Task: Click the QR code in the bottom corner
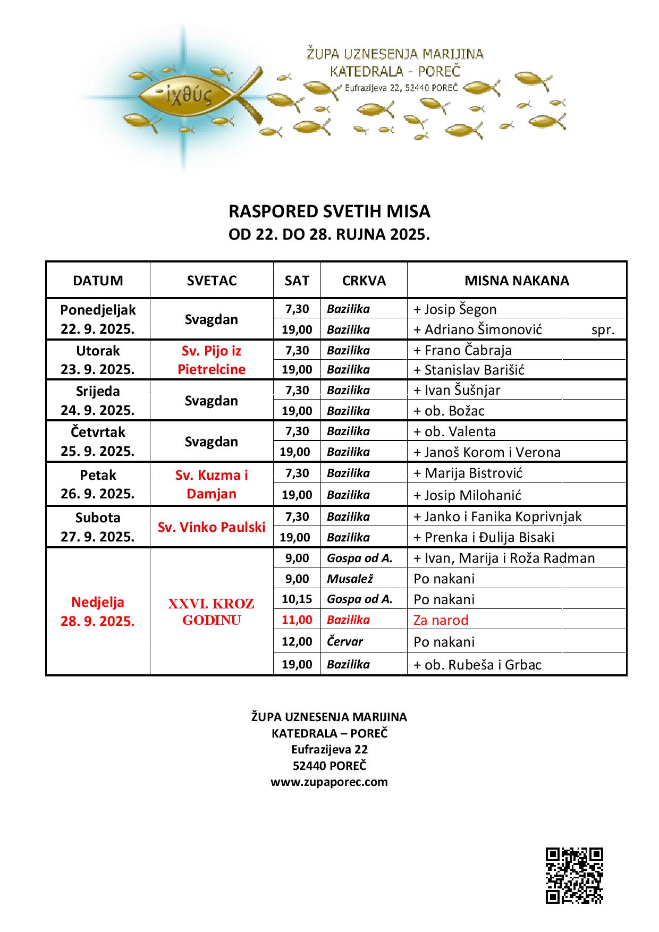pyautogui.click(x=574, y=875)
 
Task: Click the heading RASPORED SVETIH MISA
pyautogui.click(x=329, y=211)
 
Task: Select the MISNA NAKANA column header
pyautogui.click(x=517, y=281)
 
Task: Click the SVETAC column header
pyautogui.click(x=212, y=281)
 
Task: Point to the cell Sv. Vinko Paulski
pyautogui.click(x=212, y=527)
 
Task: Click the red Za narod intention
pyautogui.click(x=441, y=620)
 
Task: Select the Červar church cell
pyautogui.click(x=345, y=641)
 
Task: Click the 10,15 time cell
pyautogui.click(x=297, y=599)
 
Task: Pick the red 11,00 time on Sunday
pyautogui.click(x=297, y=620)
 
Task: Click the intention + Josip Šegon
pyautogui.click(x=455, y=309)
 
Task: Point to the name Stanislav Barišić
pyautogui.click(x=474, y=370)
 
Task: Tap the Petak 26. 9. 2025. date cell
pyautogui.click(x=98, y=484)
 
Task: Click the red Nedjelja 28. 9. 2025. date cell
pyautogui.click(x=98, y=612)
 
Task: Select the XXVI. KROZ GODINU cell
pyautogui.click(x=212, y=612)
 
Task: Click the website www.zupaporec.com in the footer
pyautogui.click(x=329, y=782)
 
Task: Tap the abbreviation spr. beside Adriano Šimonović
pyautogui.click(x=603, y=330)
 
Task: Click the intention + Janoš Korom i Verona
pyautogui.click(x=487, y=452)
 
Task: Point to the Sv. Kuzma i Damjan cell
pyautogui.click(x=212, y=484)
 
